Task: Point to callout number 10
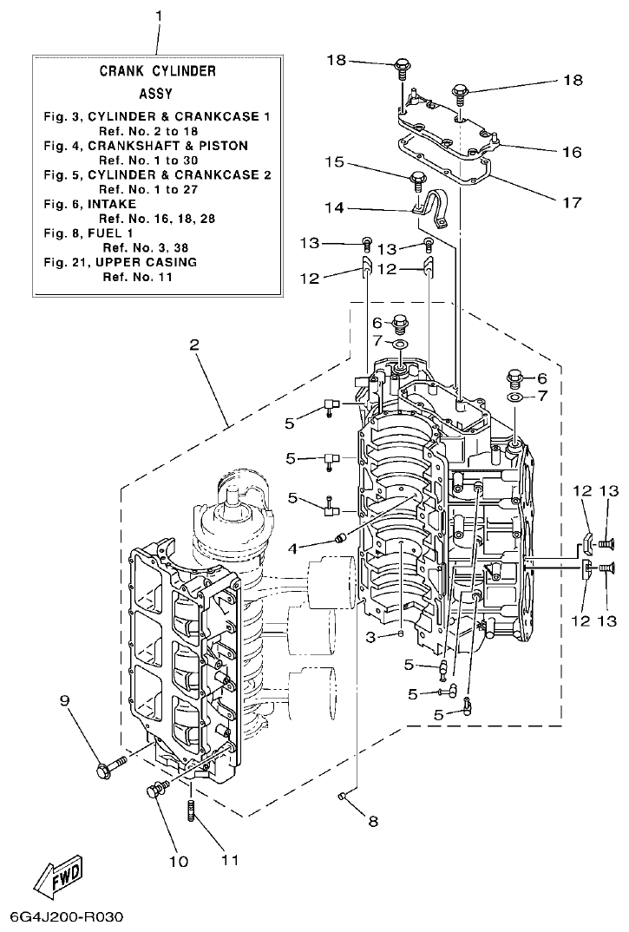click(x=178, y=862)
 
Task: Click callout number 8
click(x=373, y=822)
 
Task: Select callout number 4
click(x=293, y=548)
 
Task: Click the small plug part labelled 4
click(x=341, y=538)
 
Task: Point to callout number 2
click(x=193, y=345)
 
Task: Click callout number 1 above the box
click(x=159, y=16)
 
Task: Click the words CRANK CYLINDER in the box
click(x=157, y=71)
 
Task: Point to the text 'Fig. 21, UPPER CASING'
click(x=121, y=262)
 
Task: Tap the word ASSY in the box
click(x=156, y=94)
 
